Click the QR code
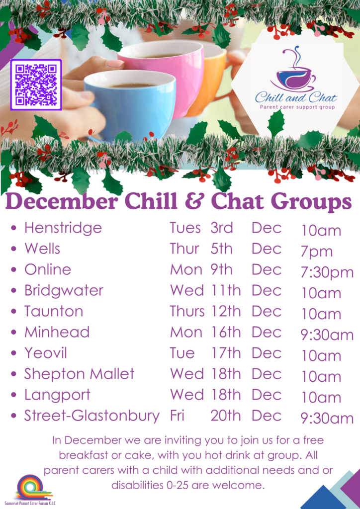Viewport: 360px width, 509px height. pos(36,85)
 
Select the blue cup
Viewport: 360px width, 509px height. pos(130,104)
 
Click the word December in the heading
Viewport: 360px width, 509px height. pos(61,202)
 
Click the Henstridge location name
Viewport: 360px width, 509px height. pos(63,228)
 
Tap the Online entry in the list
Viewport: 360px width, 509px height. pos(48,269)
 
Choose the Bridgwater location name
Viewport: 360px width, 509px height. pos(64,290)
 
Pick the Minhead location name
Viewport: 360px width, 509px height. pos(57,332)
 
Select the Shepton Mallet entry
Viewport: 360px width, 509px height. pos(79,374)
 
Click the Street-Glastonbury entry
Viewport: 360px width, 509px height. pos(92,416)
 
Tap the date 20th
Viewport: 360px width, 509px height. pos(226,416)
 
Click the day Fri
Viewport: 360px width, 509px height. pos(177,416)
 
